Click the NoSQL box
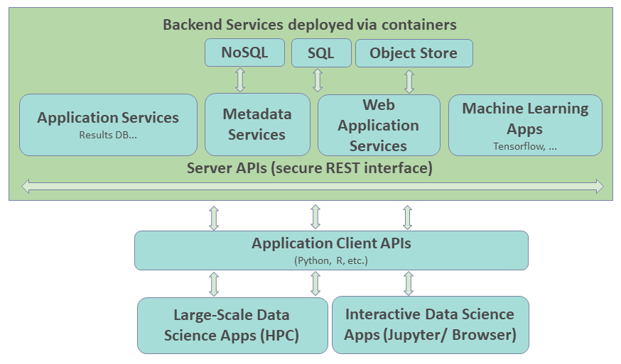coord(244,53)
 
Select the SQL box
coord(322,53)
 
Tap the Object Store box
coord(414,53)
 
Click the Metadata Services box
coord(256,124)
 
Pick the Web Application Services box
coord(378,125)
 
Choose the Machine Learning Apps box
coord(525,124)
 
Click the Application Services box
coord(108,124)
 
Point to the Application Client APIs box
coord(331,250)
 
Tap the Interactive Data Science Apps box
coord(430,325)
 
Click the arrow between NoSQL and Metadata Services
coord(240,79)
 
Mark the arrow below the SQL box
coord(318,79)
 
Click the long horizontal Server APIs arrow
coord(313,186)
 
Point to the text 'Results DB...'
coord(108,135)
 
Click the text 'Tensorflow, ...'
coord(525,146)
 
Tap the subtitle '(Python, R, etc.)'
coord(331,260)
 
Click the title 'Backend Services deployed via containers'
coord(310,25)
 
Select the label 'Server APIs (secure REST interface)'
coord(310,168)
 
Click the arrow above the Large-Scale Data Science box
coord(214,284)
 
